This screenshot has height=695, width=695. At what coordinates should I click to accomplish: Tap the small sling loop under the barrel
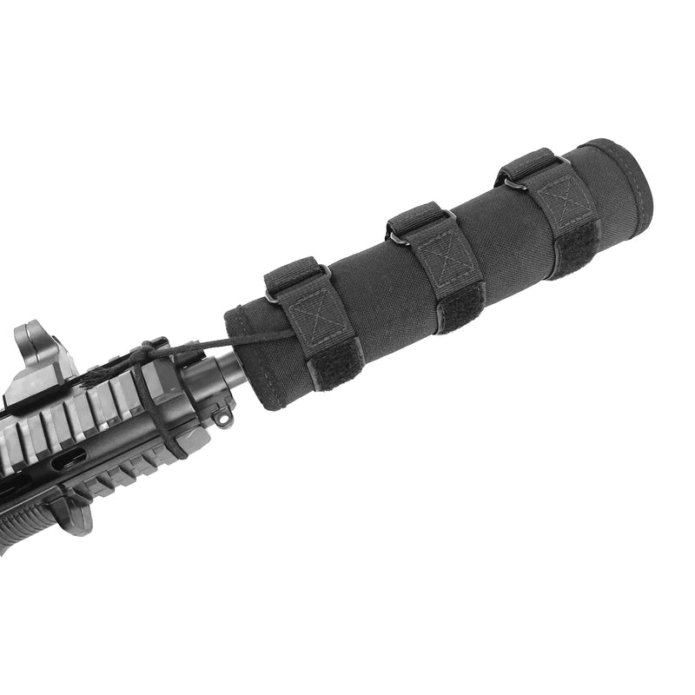(224, 420)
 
